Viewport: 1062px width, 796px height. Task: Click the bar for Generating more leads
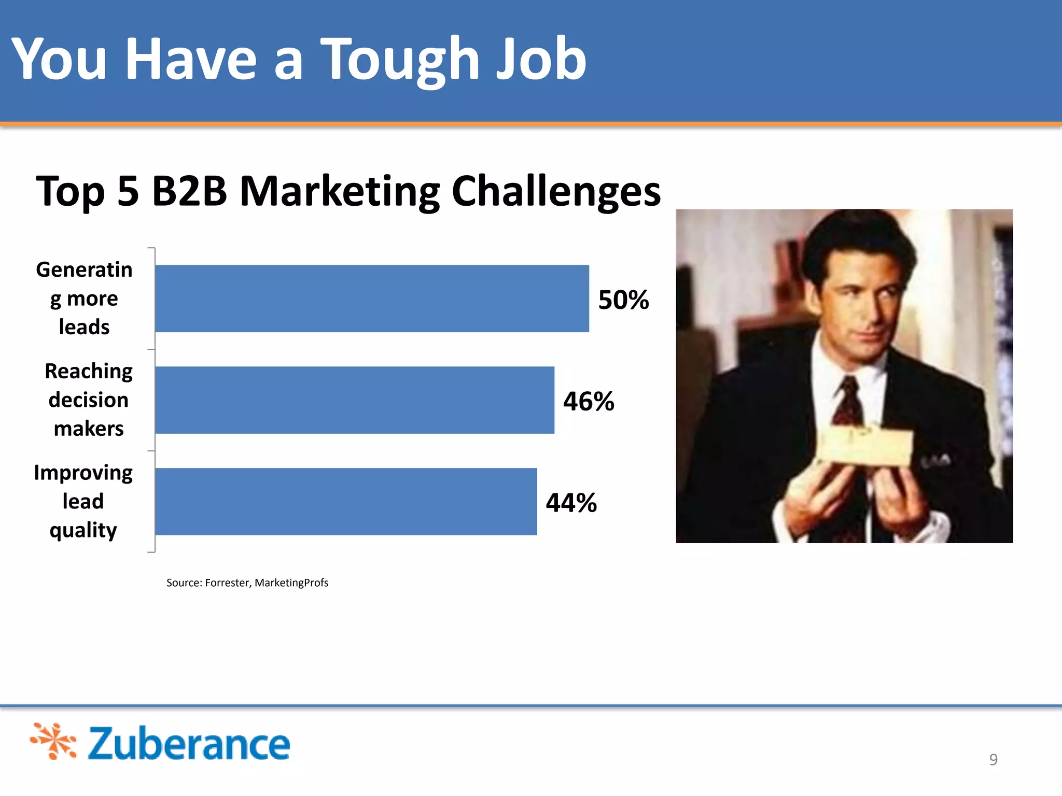coord(372,298)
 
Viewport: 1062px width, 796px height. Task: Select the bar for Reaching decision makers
coord(355,400)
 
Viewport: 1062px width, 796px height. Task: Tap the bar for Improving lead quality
coord(346,502)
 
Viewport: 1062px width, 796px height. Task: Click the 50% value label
coord(623,300)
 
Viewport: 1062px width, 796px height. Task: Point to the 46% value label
coord(589,401)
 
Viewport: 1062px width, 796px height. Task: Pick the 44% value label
coord(571,503)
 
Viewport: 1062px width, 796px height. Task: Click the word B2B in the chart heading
coord(189,191)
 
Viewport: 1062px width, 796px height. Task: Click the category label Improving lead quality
coord(83,501)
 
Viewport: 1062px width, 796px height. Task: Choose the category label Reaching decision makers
coord(89,400)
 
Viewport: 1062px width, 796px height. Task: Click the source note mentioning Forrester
coord(247,582)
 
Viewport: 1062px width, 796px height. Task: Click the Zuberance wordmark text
coord(189,743)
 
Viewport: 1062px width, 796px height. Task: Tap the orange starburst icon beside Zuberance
coord(53,741)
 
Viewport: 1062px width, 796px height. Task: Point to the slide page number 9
coord(993,759)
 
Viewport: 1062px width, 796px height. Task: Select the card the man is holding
coord(866,446)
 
